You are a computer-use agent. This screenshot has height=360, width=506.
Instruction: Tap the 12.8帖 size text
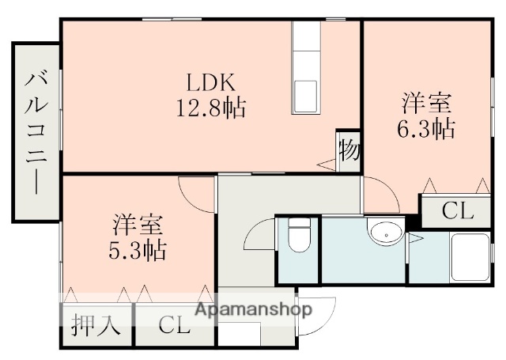210,108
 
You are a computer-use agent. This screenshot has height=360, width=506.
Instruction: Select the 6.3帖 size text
426,128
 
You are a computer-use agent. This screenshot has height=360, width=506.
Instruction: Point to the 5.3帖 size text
138,251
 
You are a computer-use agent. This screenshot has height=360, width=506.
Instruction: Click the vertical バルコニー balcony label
36,131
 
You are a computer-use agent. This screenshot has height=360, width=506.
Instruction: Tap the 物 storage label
348,150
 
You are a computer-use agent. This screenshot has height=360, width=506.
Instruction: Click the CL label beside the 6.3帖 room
457,211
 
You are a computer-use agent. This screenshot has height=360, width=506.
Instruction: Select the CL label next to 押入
175,325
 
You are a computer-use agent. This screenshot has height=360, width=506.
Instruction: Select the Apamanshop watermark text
251,310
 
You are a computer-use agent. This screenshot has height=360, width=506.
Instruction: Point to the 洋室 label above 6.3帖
426,104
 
